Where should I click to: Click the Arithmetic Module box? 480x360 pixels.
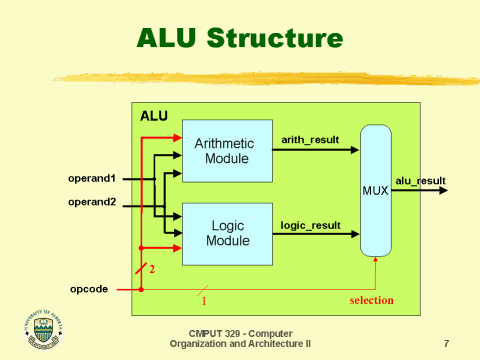pyautogui.click(x=229, y=150)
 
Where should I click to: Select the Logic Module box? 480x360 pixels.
pyautogui.click(x=229, y=233)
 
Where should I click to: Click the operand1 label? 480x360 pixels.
pyautogui.click(x=92, y=179)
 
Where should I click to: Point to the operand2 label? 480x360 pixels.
pyautogui.click(x=92, y=201)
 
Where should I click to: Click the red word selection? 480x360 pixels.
pyautogui.click(x=371, y=300)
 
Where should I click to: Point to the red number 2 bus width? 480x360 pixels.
pyautogui.click(x=152, y=269)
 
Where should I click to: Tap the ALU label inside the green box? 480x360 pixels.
pyautogui.click(x=153, y=117)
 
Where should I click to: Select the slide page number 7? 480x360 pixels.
pyautogui.click(x=445, y=343)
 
